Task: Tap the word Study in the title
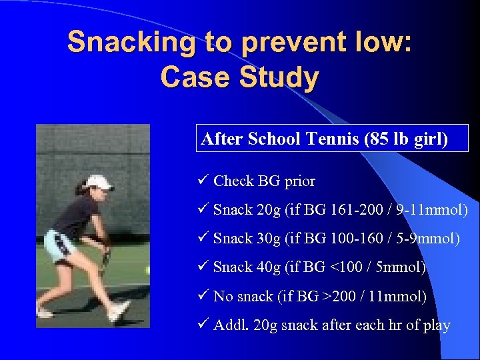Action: coord(280,78)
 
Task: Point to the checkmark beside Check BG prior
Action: coord(204,181)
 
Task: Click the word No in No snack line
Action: coord(223,296)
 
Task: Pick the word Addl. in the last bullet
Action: coord(229,325)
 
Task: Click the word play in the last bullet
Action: coord(435,325)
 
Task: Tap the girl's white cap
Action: coord(99,182)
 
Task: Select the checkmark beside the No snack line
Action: coord(204,296)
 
